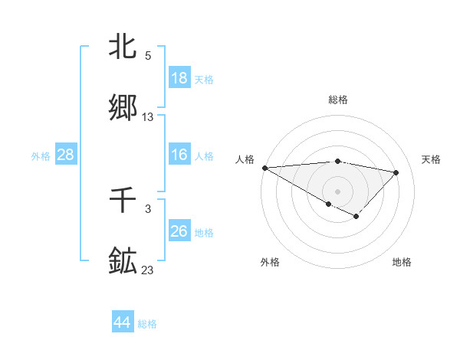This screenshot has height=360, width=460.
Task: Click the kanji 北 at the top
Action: tap(123, 47)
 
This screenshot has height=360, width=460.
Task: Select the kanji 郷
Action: tap(123, 107)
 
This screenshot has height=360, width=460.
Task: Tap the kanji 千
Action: tap(123, 201)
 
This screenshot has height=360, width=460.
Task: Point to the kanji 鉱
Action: tap(123, 260)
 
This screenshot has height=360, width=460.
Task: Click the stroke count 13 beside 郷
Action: tap(148, 117)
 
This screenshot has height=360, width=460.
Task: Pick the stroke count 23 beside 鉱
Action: tap(148, 270)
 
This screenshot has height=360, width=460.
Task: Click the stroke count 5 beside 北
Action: tap(148, 56)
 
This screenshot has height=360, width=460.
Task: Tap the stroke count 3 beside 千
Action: tap(148, 209)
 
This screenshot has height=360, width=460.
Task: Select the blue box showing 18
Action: tap(179, 77)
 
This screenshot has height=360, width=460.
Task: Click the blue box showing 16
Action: tap(179, 155)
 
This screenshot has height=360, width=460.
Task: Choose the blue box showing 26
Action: tap(179, 231)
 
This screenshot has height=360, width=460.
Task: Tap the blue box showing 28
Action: tap(66, 155)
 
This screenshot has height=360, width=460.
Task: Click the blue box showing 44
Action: tap(123, 322)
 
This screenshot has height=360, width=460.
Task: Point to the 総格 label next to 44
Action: tap(147, 324)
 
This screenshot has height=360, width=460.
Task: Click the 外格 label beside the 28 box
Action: tap(41, 156)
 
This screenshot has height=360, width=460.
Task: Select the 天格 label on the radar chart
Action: tap(432, 159)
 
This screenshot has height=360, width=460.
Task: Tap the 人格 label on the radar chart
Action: tap(245, 159)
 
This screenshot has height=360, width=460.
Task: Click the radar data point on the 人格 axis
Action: tap(264, 168)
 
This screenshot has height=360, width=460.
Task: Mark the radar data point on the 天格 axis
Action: tap(396, 172)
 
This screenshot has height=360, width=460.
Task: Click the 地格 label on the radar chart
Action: tap(402, 262)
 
